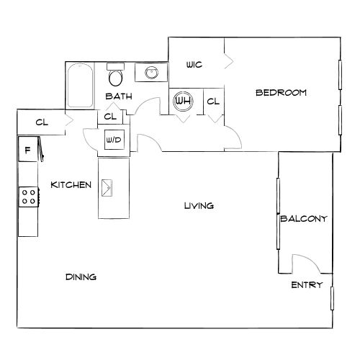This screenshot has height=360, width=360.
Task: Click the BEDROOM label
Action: [281, 93]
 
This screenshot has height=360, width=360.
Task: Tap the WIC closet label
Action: [194, 65]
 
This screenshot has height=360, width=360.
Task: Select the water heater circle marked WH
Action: [184, 101]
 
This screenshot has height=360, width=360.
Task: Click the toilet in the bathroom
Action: [115, 74]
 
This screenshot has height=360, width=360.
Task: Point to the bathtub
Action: [80, 85]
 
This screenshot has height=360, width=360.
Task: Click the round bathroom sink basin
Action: [151, 72]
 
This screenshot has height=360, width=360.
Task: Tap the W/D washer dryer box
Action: [114, 140]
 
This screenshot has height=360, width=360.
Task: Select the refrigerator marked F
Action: [28, 149]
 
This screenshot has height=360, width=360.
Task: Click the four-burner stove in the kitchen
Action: [29, 197]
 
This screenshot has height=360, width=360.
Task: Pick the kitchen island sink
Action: [107, 188]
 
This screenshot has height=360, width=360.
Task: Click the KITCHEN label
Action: [71, 185]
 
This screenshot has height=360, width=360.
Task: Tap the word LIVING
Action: [199, 206]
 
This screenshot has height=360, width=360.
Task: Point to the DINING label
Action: [81, 277]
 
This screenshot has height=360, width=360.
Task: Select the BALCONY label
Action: [304, 219]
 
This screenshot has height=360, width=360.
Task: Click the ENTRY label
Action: [307, 285]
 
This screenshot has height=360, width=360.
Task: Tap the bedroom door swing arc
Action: [236, 135]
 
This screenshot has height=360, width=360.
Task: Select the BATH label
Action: [119, 96]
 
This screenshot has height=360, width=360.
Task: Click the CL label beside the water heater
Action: [213, 102]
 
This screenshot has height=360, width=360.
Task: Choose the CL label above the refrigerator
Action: [42, 122]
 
